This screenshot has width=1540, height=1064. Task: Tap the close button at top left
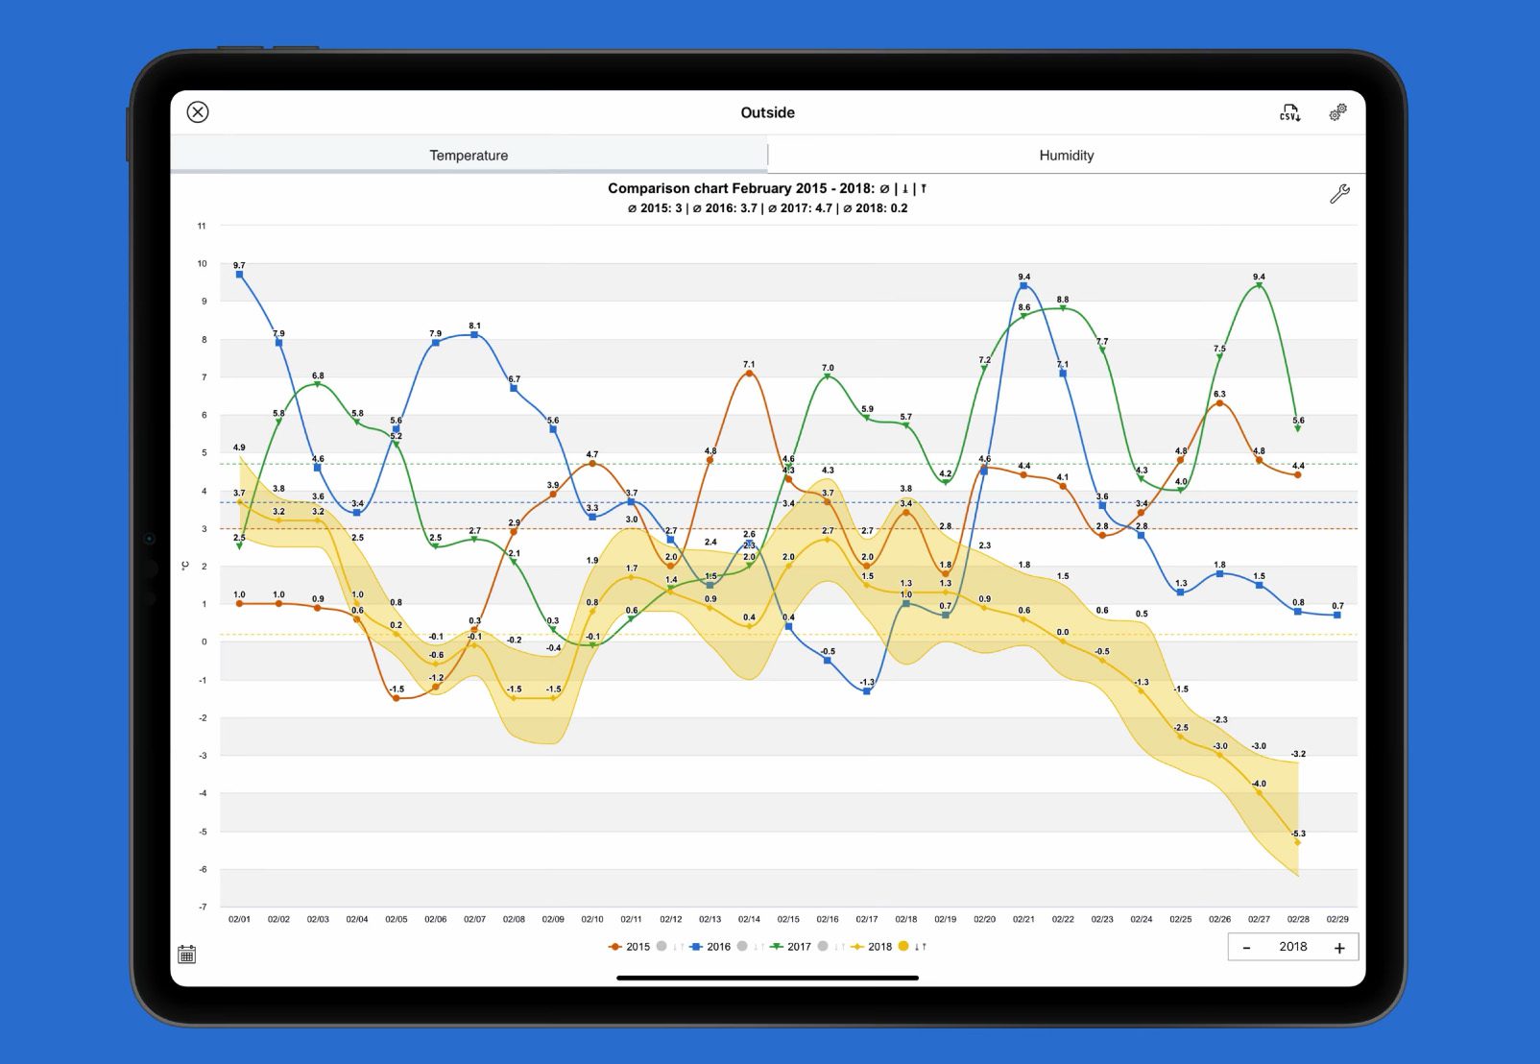pos(198,112)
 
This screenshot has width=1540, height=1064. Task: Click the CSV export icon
pos(1289,113)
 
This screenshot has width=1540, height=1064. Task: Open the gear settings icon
pos(1337,112)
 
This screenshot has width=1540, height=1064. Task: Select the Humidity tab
pos(1066,156)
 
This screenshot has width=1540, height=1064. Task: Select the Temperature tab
pos(469,156)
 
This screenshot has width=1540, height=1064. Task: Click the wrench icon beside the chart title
pos(1339,194)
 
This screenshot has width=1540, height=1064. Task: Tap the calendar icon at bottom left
pos(187,955)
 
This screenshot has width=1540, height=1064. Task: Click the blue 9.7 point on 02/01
pos(239,275)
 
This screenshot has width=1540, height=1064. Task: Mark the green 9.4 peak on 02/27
pos(1259,285)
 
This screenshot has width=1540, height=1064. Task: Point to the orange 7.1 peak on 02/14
pos(749,373)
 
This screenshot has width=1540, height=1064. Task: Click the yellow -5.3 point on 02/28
pos(1298,842)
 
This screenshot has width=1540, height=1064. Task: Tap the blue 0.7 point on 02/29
pos(1337,615)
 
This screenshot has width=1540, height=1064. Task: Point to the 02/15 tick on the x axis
pos(788,919)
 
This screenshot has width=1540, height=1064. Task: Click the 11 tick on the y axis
pos(202,226)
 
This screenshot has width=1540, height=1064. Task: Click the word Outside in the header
pos(767,112)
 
